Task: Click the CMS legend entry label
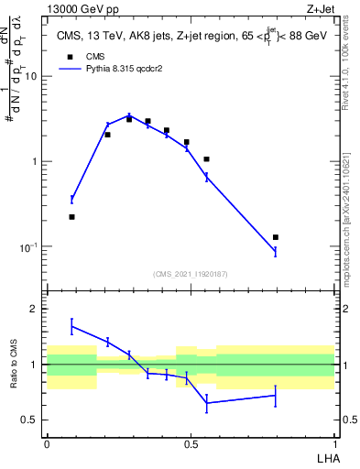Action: pyautogui.click(x=96, y=56)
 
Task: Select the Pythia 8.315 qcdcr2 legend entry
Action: pyautogui.click(x=121, y=69)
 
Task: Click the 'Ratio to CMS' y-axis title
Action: pyautogui.click(x=13, y=365)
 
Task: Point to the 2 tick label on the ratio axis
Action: pyautogui.click(x=34, y=309)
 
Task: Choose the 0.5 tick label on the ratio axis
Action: pyautogui.click(x=30, y=420)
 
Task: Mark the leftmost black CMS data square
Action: pyautogui.click(x=71, y=217)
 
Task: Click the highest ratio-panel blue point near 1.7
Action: pyautogui.click(x=71, y=326)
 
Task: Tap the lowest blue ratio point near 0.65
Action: pyautogui.click(x=207, y=403)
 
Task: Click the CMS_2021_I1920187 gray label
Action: pyautogui.click(x=191, y=272)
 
